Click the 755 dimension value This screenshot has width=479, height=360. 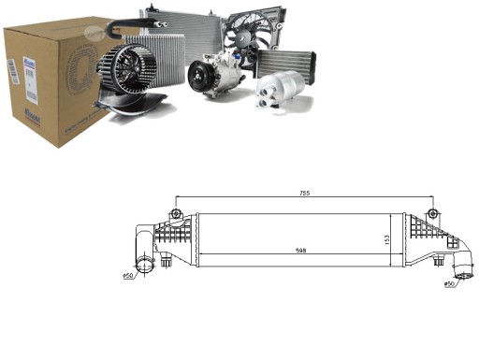[305, 193]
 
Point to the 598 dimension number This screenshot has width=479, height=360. [300, 250]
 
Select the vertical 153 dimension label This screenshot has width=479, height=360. [385, 239]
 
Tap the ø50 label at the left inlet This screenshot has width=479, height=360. [129, 277]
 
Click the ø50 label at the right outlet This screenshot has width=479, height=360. [449, 283]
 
